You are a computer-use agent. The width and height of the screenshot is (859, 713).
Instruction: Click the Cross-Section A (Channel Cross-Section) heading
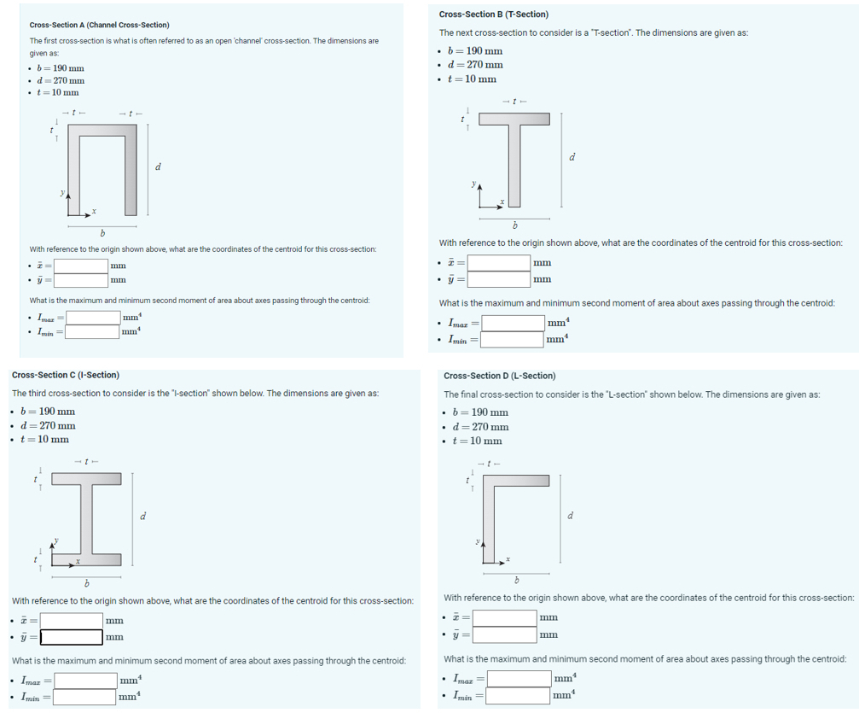point(99,25)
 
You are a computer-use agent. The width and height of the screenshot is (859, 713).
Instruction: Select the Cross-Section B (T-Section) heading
point(493,15)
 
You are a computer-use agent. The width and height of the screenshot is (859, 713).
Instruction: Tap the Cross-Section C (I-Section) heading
point(66,375)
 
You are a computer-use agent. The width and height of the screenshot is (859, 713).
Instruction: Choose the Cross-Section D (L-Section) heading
point(499,376)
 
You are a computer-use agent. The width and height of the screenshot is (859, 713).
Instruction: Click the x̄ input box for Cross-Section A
point(82,266)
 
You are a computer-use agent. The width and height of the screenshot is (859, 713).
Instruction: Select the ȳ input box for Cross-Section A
point(82,279)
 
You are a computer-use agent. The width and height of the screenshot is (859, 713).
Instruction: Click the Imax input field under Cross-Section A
point(93,318)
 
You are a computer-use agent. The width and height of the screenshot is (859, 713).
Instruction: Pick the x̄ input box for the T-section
point(499,263)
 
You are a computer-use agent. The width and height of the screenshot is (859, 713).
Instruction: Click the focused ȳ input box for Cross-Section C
point(72,637)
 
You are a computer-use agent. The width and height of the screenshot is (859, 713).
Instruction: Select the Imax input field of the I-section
point(86,681)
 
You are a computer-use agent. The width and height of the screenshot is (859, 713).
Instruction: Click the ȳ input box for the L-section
point(505,634)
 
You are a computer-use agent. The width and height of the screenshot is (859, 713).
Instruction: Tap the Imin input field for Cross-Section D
point(519,696)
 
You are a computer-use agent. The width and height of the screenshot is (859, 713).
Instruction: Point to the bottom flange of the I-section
point(85,560)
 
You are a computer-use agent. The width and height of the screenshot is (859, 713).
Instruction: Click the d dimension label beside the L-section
point(570,515)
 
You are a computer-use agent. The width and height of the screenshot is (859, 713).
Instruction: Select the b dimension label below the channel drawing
point(102,233)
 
